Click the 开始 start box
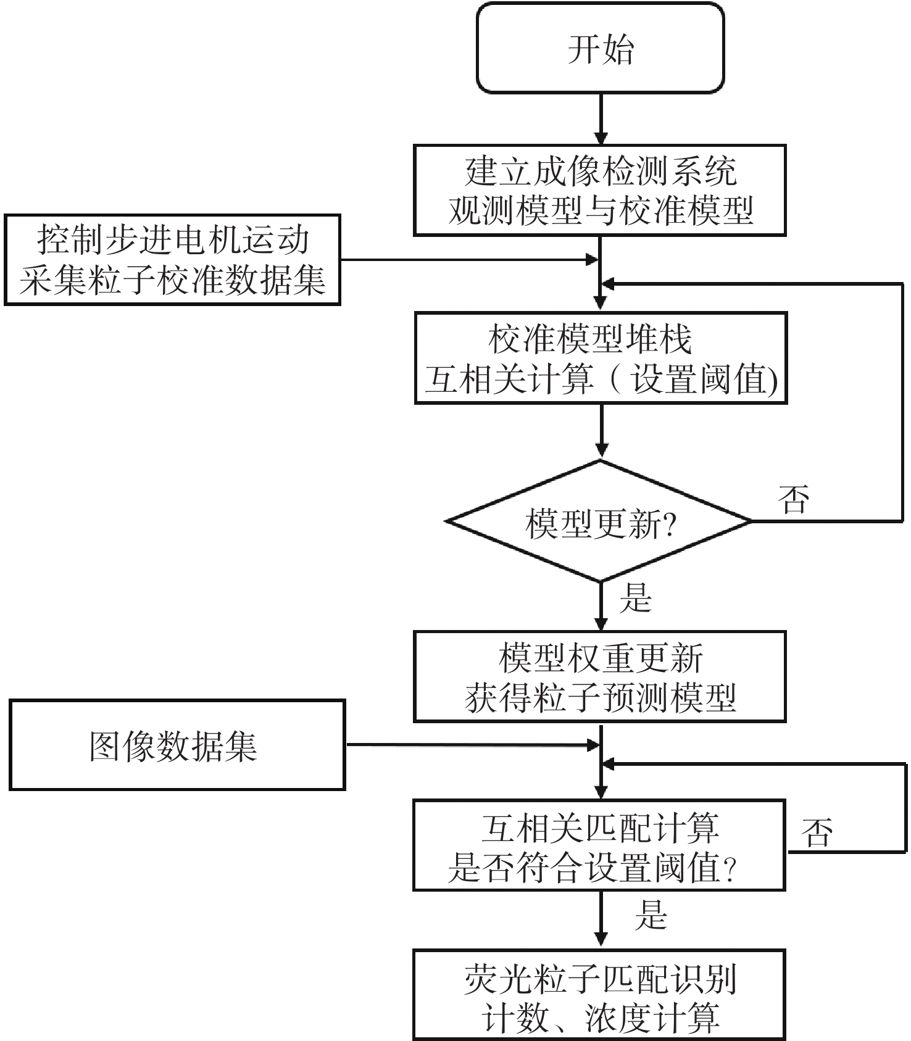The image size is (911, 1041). pos(600,48)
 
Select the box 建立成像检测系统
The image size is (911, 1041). pos(599,190)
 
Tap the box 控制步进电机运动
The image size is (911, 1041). pos(172,260)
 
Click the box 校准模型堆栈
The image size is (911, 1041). pos(601,359)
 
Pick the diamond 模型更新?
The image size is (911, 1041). pos(599,521)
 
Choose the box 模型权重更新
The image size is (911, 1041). pos(599,676)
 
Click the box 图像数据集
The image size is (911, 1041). pos(177,745)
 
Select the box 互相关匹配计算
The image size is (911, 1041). pos(599,845)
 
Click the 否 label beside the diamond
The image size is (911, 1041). pos(794,499)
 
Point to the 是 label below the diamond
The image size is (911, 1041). pos(636,597)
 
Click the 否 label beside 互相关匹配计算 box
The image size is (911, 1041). pos(817,832)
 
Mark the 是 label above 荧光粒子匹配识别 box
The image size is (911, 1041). pos(651,914)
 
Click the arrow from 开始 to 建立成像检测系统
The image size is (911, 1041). pos(601,119)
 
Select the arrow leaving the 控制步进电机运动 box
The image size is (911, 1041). pos(469,260)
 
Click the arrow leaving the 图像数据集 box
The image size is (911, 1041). pos(472,745)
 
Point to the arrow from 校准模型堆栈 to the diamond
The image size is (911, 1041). pos(601,431)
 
